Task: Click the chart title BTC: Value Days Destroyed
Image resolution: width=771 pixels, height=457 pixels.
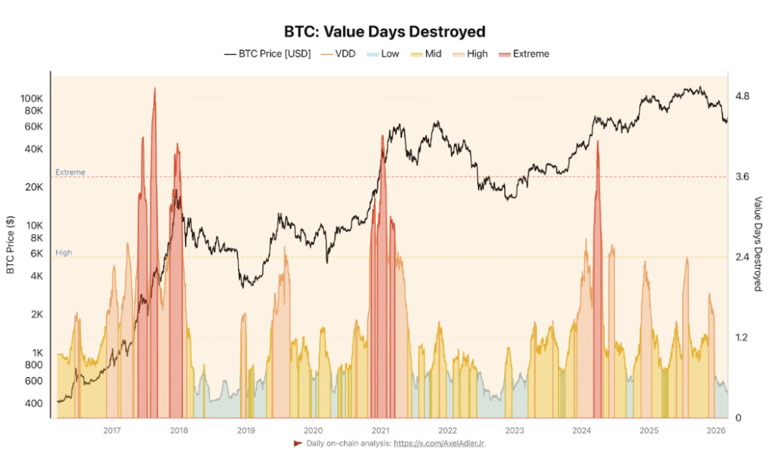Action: (x=385, y=32)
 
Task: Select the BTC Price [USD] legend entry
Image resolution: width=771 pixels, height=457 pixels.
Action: (x=267, y=54)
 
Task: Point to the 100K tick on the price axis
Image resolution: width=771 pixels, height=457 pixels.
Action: (x=32, y=99)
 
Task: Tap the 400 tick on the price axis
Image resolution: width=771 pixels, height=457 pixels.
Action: (x=35, y=404)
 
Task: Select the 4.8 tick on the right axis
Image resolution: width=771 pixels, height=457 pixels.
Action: (x=742, y=96)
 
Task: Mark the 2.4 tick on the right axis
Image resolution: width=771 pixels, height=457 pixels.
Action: (x=742, y=257)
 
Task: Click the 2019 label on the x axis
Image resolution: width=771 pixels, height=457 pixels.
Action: (x=245, y=430)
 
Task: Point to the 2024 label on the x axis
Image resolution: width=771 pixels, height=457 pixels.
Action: (x=581, y=430)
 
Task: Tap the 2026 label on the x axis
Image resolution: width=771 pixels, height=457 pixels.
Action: (x=716, y=430)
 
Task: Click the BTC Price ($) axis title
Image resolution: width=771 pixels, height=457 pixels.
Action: (x=11, y=244)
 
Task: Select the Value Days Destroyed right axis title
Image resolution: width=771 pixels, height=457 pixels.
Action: (x=758, y=244)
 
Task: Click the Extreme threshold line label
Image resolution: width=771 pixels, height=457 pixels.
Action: (x=70, y=172)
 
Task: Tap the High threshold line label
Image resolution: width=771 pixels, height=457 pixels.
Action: (x=64, y=253)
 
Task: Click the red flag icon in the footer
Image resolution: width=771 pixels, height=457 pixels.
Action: (x=297, y=443)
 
